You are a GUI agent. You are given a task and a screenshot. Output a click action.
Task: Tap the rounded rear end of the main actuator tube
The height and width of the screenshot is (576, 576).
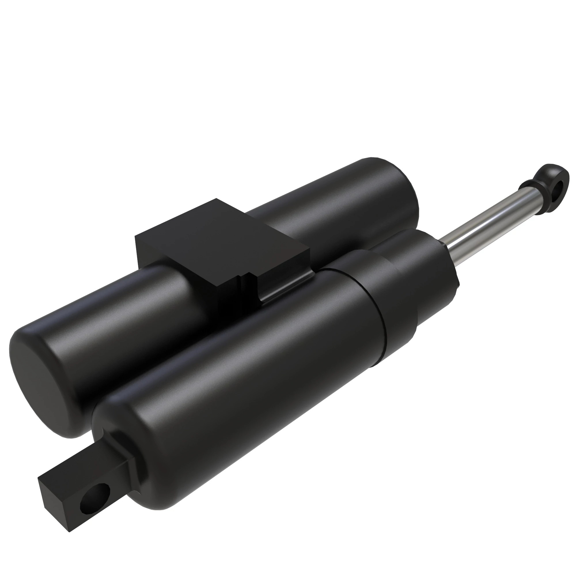pyautogui.click(x=119, y=423)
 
